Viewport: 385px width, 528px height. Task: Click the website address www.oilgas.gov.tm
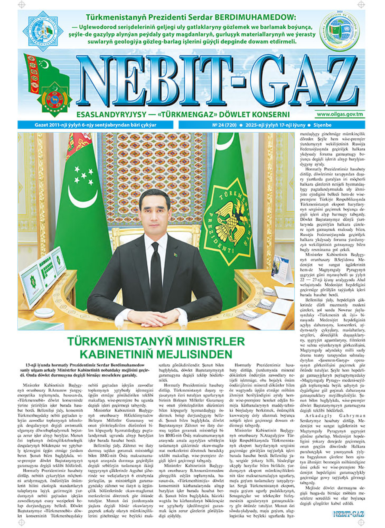340,115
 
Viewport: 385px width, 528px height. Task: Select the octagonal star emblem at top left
43,31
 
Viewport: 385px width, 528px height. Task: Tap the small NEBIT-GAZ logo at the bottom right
348,514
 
